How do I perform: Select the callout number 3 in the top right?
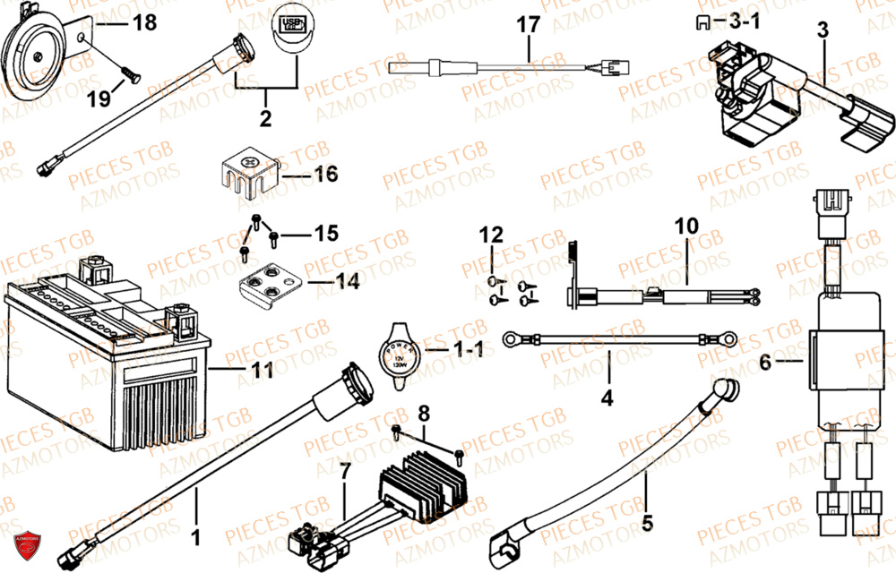point(823,30)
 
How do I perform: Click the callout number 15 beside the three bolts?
point(325,234)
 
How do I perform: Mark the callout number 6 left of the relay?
point(764,362)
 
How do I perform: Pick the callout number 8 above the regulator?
point(425,413)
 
